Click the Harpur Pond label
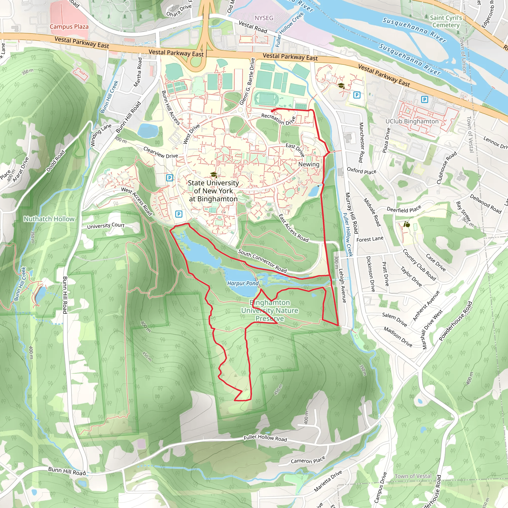[243, 283]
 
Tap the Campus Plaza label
[69, 27]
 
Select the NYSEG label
[264, 18]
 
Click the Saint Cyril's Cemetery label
[446, 21]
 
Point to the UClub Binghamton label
[412, 121]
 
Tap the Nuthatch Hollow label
[49, 219]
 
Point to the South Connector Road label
[262, 261]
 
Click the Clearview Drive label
[160, 152]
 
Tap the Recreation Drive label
[279, 119]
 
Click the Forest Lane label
[370, 239]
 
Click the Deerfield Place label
[404, 209]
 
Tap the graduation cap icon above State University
[214, 174]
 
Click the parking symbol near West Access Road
[179, 214]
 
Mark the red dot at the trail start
[272, 111]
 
